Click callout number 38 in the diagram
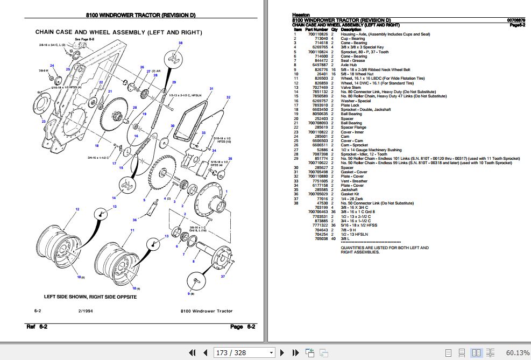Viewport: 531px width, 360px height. point(180,43)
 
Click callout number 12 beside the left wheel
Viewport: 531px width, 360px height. point(77,209)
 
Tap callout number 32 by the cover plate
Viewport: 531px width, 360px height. point(228,97)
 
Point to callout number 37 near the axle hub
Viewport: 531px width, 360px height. point(223,277)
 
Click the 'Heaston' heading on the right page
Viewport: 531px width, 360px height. point(301,15)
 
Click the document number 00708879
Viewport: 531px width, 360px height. point(516,20)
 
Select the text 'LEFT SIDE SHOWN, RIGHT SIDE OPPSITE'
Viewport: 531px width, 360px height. point(90,297)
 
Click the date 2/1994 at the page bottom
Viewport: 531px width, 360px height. point(86,311)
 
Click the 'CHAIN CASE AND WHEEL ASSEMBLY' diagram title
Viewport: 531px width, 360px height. point(119,32)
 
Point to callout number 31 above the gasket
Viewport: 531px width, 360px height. point(211,88)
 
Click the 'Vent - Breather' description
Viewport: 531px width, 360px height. point(354,181)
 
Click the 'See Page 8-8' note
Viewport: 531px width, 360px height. point(84,39)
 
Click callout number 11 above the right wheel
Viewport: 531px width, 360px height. point(131,230)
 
